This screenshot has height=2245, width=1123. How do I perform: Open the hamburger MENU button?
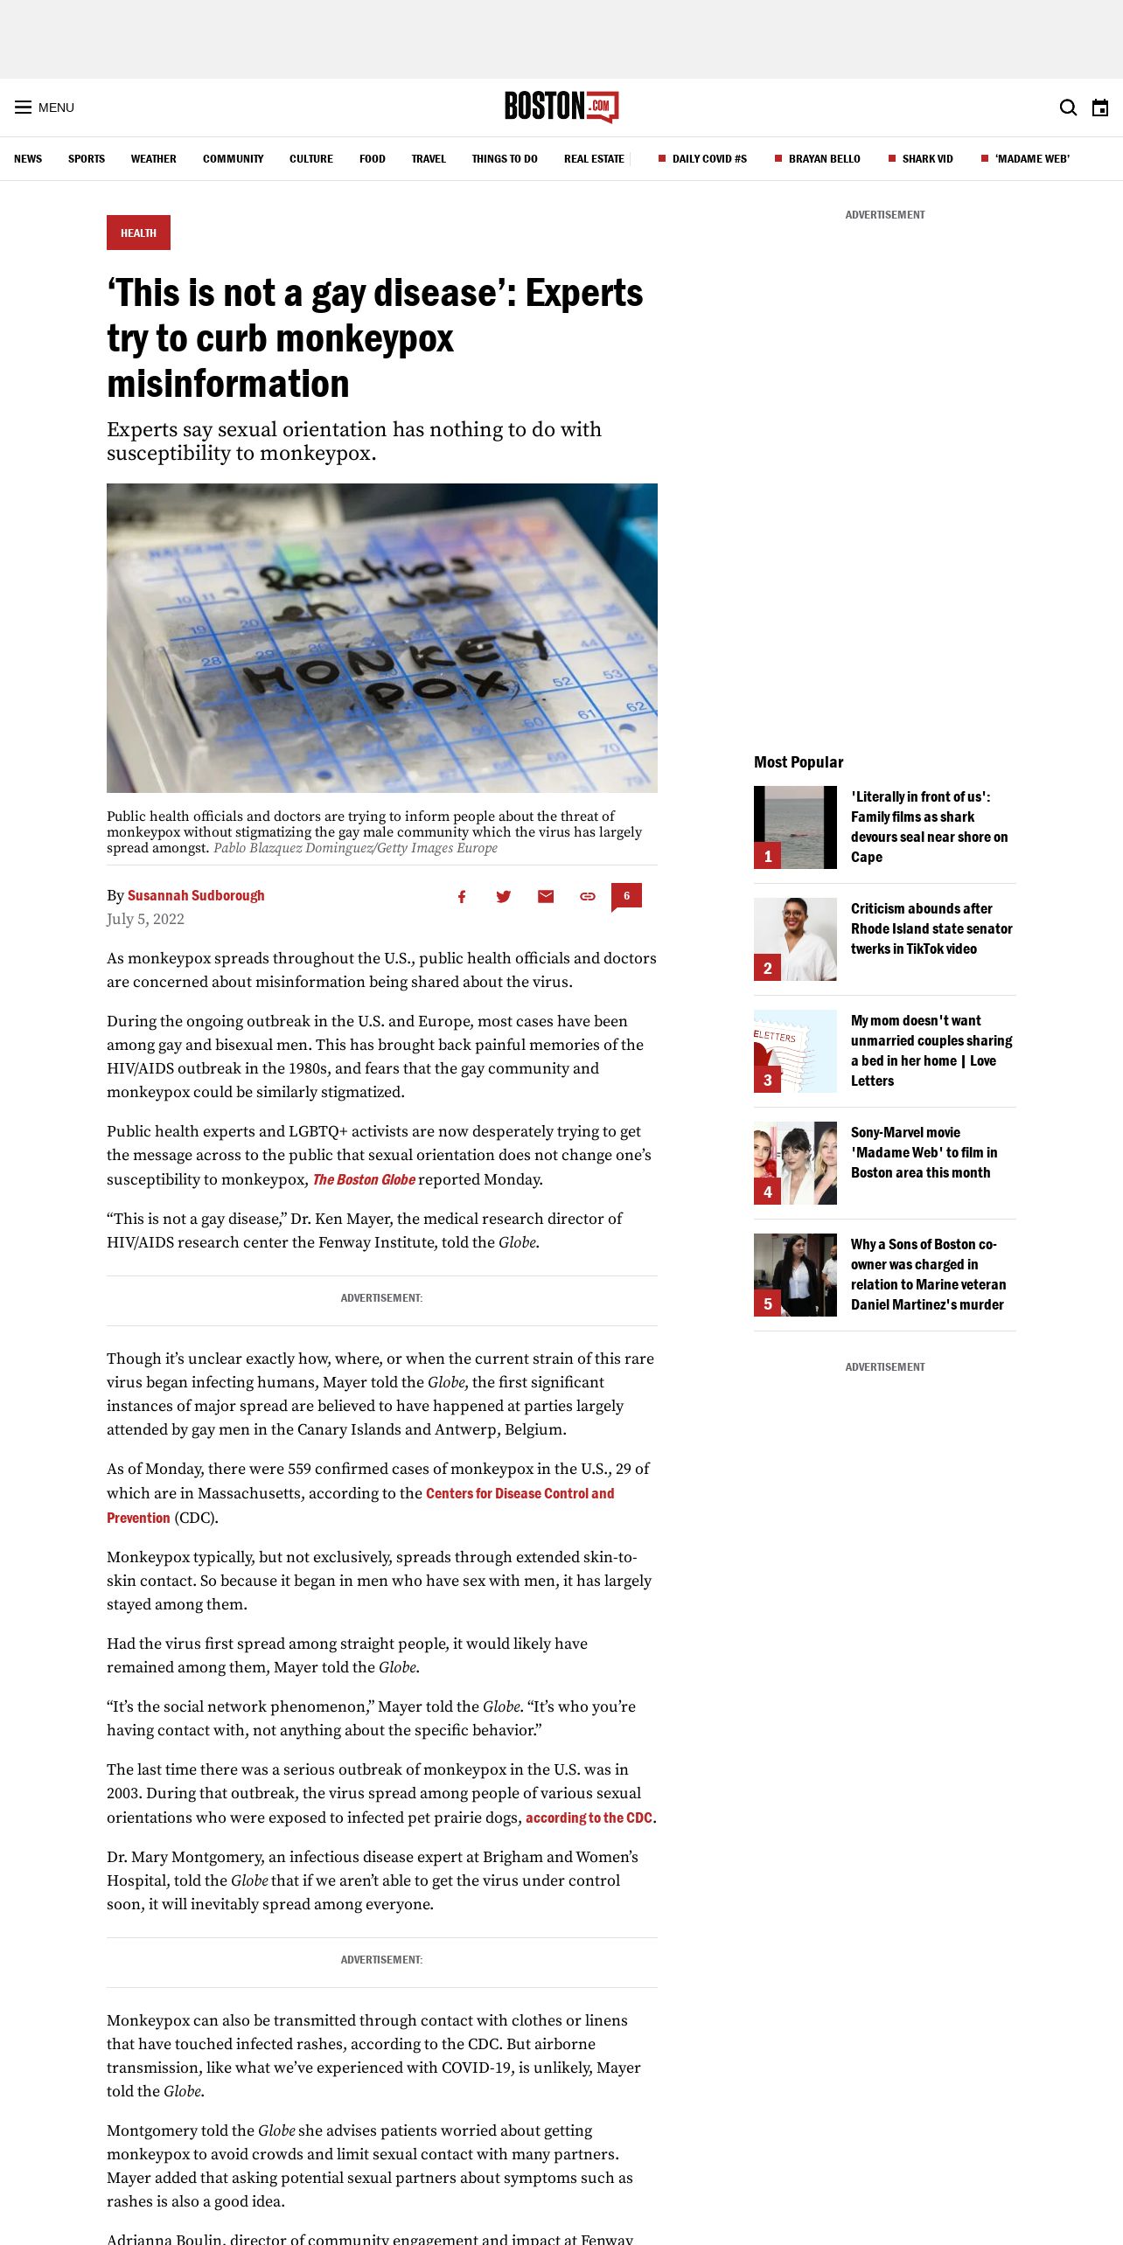44,108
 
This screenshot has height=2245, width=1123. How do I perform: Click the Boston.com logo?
561,107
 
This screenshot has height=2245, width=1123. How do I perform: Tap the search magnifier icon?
1068,108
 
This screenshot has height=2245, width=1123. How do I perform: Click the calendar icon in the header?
1100,108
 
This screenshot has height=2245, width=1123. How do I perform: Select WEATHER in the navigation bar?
153,159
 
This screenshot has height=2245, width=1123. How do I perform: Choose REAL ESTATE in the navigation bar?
594,159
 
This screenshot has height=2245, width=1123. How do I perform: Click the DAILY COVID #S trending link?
708,159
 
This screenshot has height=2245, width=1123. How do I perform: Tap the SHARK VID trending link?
927,159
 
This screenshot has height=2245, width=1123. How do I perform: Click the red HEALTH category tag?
138,233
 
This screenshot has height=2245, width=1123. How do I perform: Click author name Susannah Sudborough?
196,895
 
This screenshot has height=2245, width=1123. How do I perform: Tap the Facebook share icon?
462,896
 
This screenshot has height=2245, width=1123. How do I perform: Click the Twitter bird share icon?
504,896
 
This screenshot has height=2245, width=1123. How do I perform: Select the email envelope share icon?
546,896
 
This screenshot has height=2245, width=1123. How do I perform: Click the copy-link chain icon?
588,896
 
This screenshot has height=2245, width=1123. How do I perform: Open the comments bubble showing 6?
626,896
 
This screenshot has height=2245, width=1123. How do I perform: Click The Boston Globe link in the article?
364,1179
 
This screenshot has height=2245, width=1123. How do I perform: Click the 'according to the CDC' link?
589,1818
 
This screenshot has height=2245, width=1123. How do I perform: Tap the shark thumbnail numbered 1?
795,827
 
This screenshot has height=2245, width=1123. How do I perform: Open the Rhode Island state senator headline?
931,928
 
